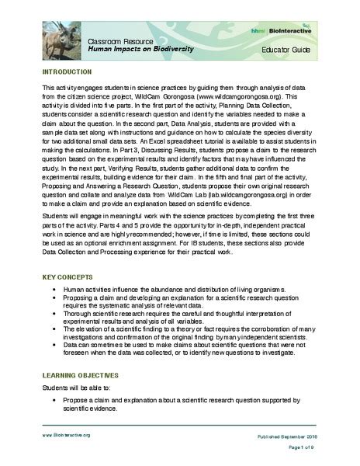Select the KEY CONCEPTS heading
pyautogui.click(x=69, y=276)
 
